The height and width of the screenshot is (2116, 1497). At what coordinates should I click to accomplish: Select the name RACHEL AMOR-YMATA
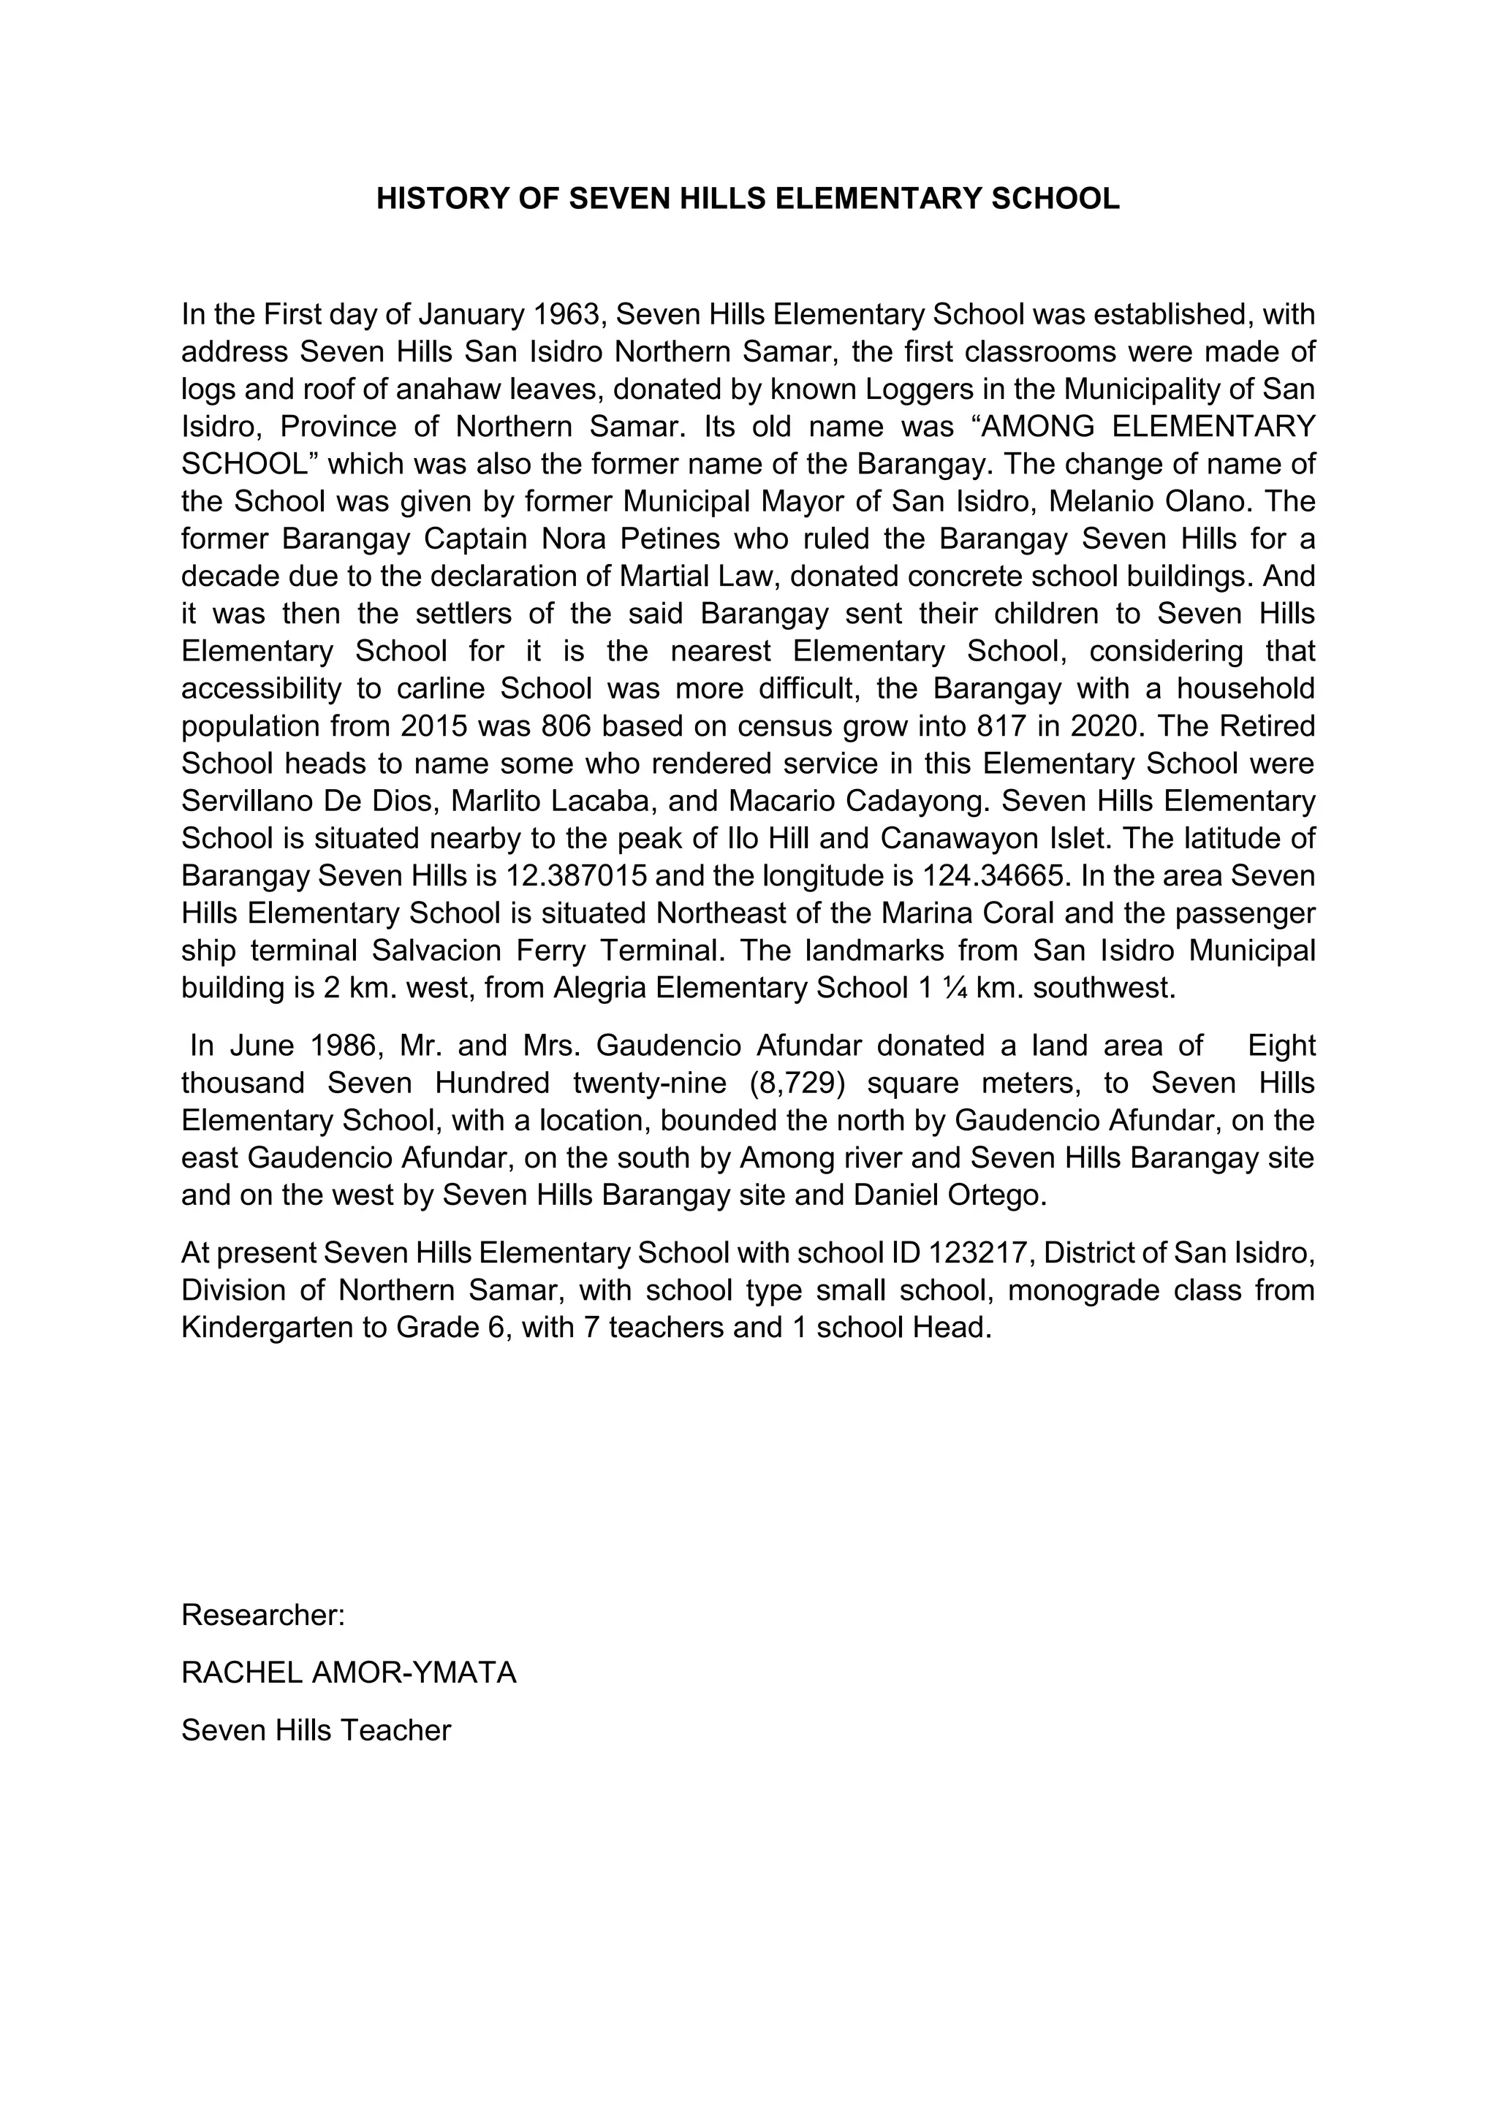[349, 1672]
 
